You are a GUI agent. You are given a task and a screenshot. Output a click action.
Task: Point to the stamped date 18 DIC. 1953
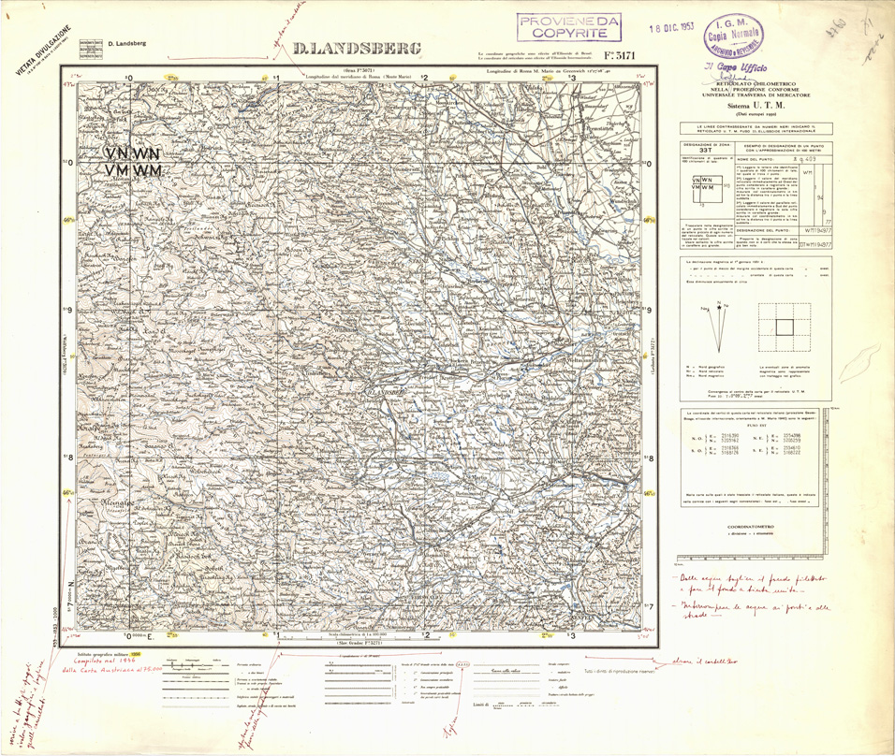(674, 28)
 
